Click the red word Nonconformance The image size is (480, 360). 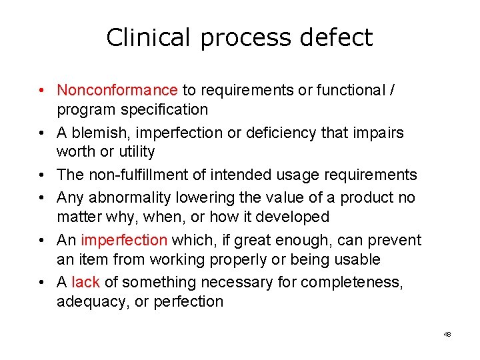[x=117, y=90]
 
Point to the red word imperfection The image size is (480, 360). [x=124, y=240]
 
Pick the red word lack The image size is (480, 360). [x=85, y=283]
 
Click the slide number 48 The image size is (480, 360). [x=447, y=334]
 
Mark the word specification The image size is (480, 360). [x=167, y=109]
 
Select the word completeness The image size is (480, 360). [x=351, y=283]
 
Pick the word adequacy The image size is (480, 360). [x=87, y=302]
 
